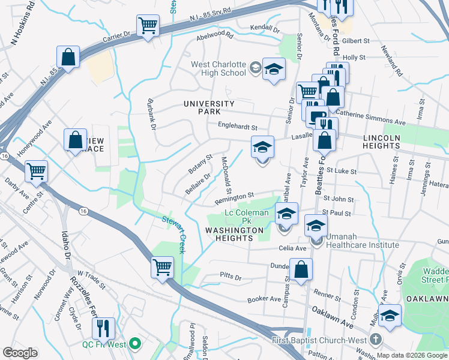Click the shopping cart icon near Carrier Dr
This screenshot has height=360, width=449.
tap(148, 26)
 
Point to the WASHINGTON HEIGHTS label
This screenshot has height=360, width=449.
tap(234, 234)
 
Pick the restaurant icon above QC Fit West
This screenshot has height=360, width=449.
tap(103, 328)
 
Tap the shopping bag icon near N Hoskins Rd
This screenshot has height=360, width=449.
tap(69, 58)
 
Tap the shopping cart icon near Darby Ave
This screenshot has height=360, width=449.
tap(36, 171)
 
